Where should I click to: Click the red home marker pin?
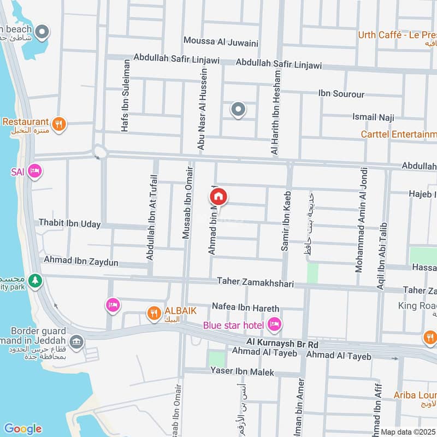[x=218, y=196]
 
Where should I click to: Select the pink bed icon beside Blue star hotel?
[x=274, y=325]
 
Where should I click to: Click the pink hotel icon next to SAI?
[x=36, y=172]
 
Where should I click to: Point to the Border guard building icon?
[x=77, y=341]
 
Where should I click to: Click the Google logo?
[x=22, y=429]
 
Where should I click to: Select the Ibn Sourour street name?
[x=341, y=94]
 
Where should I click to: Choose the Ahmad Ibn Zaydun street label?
[x=81, y=262]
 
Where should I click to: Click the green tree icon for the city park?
[x=36, y=280]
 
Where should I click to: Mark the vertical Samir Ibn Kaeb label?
[x=285, y=221]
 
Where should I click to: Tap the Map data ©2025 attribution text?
[x=408, y=432]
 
